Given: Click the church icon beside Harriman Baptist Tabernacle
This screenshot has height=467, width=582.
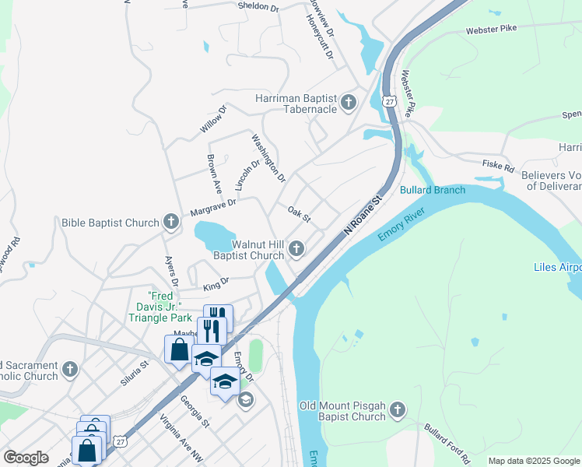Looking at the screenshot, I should (x=348, y=101).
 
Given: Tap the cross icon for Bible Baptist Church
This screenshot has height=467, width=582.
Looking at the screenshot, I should (x=171, y=223).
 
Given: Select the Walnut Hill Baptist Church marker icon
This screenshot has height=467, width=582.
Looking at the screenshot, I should (x=296, y=249).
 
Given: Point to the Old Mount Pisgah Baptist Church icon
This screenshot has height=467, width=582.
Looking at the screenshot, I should (x=397, y=409).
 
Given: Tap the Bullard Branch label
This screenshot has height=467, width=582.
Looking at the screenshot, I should (x=433, y=190).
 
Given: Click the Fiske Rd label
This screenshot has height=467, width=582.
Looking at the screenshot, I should (x=498, y=167).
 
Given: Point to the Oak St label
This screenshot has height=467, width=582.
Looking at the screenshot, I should (x=299, y=214).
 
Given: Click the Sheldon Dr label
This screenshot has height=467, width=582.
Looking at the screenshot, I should (x=258, y=6).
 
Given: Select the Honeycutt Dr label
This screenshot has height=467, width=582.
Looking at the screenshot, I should (x=319, y=40).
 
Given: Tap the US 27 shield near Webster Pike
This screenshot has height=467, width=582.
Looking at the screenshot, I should (x=390, y=102).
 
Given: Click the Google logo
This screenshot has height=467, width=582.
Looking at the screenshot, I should (x=26, y=458).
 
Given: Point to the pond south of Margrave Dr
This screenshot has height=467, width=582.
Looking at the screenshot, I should (x=214, y=233).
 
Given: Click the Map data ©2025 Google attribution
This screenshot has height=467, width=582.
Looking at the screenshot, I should (x=533, y=461).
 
